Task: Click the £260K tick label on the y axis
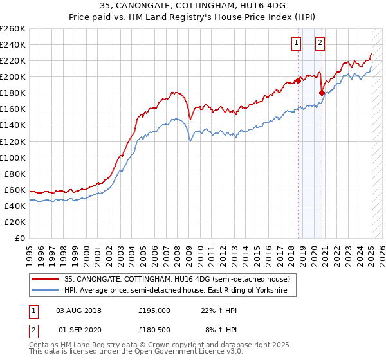(13, 29)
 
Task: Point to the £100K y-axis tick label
(13, 157)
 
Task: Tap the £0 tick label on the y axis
(19, 238)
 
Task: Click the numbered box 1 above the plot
(297, 43)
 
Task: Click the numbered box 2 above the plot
(320, 43)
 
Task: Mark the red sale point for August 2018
(298, 80)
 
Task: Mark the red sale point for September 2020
(322, 93)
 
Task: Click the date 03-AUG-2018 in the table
(79, 310)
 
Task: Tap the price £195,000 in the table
(154, 310)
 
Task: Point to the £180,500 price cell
(154, 330)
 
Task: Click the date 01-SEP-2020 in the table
(80, 330)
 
